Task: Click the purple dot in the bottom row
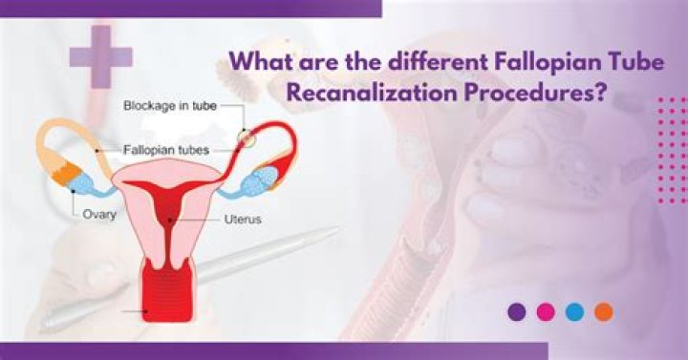517,312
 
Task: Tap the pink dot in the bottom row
546,312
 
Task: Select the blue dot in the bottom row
574,312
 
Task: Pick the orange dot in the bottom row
603,312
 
